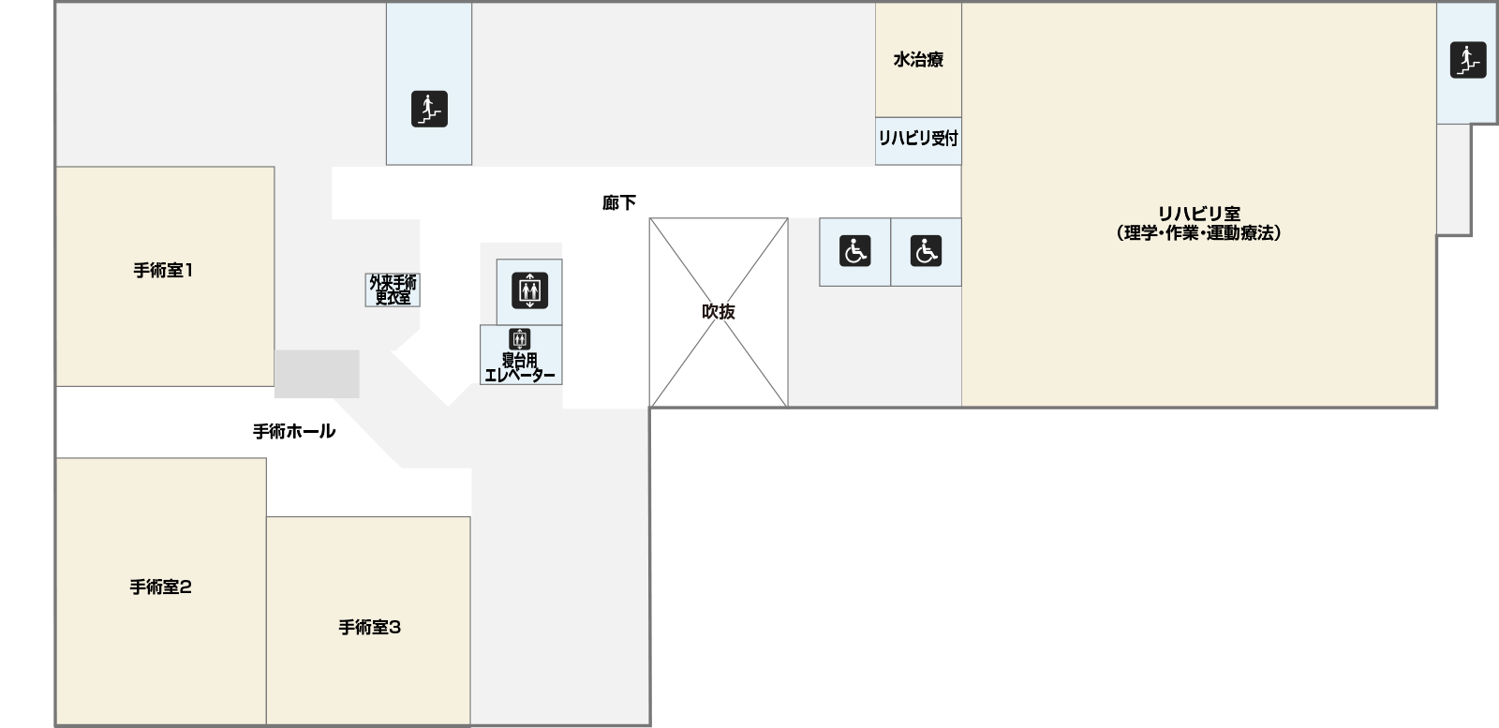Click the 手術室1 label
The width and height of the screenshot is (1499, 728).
(163, 271)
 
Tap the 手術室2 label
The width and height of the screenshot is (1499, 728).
(160, 587)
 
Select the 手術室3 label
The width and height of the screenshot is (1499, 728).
(369, 628)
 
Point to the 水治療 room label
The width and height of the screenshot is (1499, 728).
(918, 60)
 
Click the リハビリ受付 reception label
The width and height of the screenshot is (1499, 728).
(918, 139)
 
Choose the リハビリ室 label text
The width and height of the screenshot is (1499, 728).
(1198, 214)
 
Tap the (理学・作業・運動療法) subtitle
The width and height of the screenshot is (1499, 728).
(1198, 233)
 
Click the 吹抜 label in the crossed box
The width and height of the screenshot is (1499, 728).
(719, 312)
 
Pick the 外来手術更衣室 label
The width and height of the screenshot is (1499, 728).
(393, 290)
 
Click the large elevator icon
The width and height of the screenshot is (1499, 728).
(529, 290)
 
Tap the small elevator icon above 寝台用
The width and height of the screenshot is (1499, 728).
(520, 339)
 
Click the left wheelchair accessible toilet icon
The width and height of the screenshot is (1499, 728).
(854, 251)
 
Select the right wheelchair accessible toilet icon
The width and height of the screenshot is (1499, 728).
(926, 251)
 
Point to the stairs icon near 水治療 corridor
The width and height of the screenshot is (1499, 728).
(429, 109)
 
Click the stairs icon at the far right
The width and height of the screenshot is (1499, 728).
(1468, 60)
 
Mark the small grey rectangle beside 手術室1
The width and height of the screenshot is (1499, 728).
(317, 374)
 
